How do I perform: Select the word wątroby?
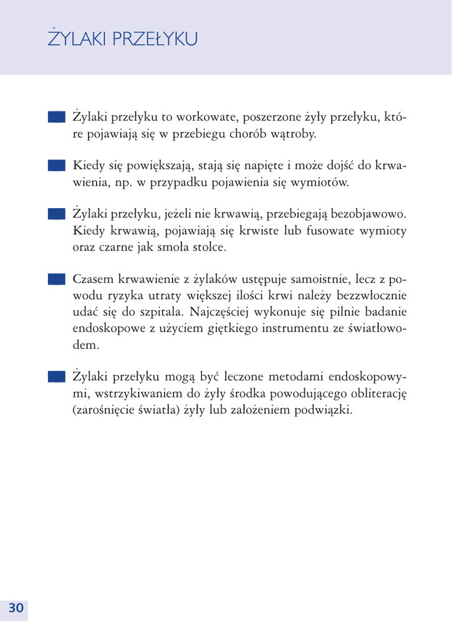(293, 134)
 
